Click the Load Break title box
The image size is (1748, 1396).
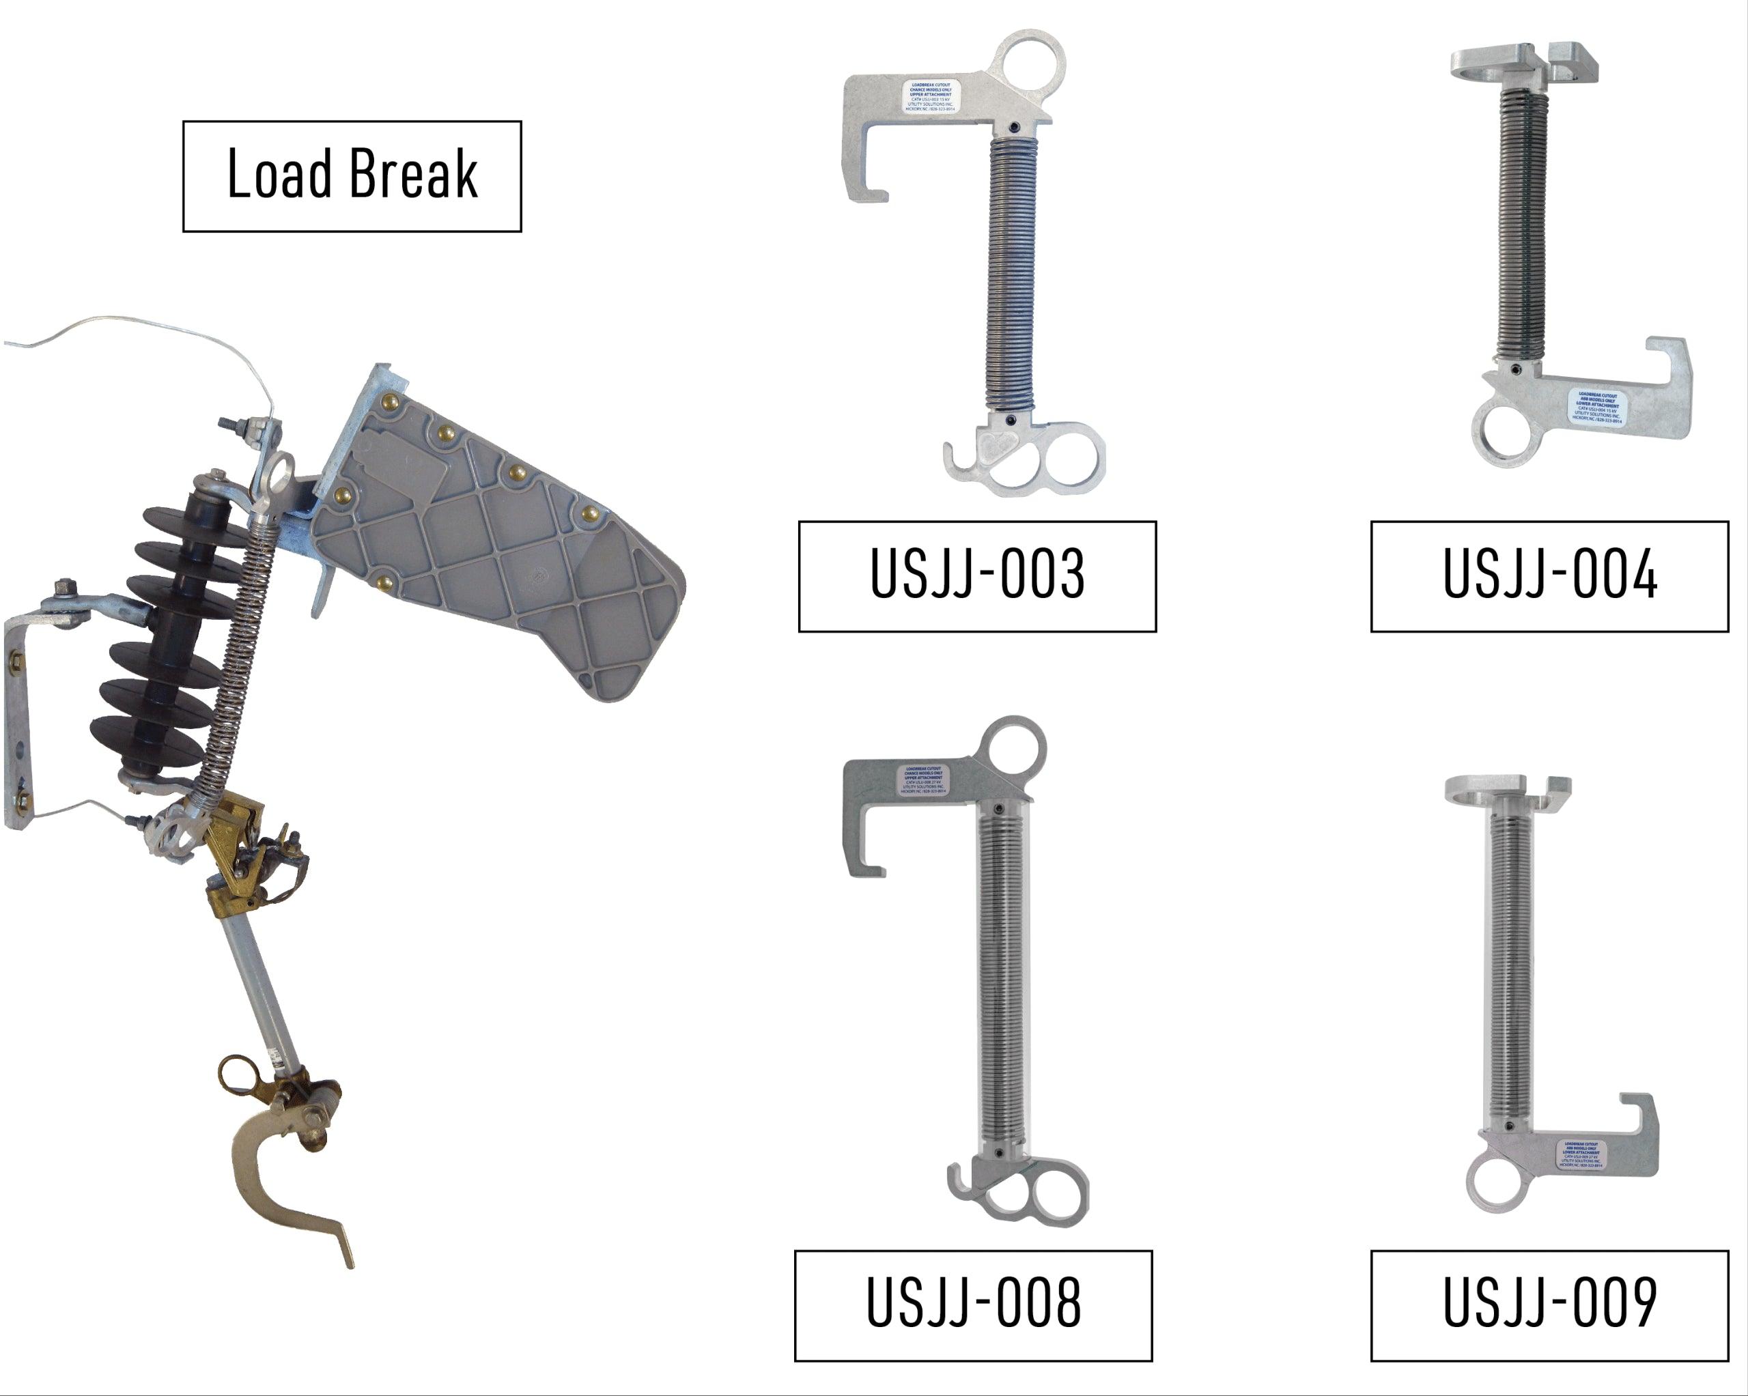point(352,176)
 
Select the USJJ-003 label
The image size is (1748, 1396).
point(977,575)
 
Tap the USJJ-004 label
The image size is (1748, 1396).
point(1549,575)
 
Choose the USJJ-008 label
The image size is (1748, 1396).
point(973,1305)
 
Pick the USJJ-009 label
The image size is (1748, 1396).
point(1549,1305)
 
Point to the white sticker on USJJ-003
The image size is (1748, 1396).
point(930,96)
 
